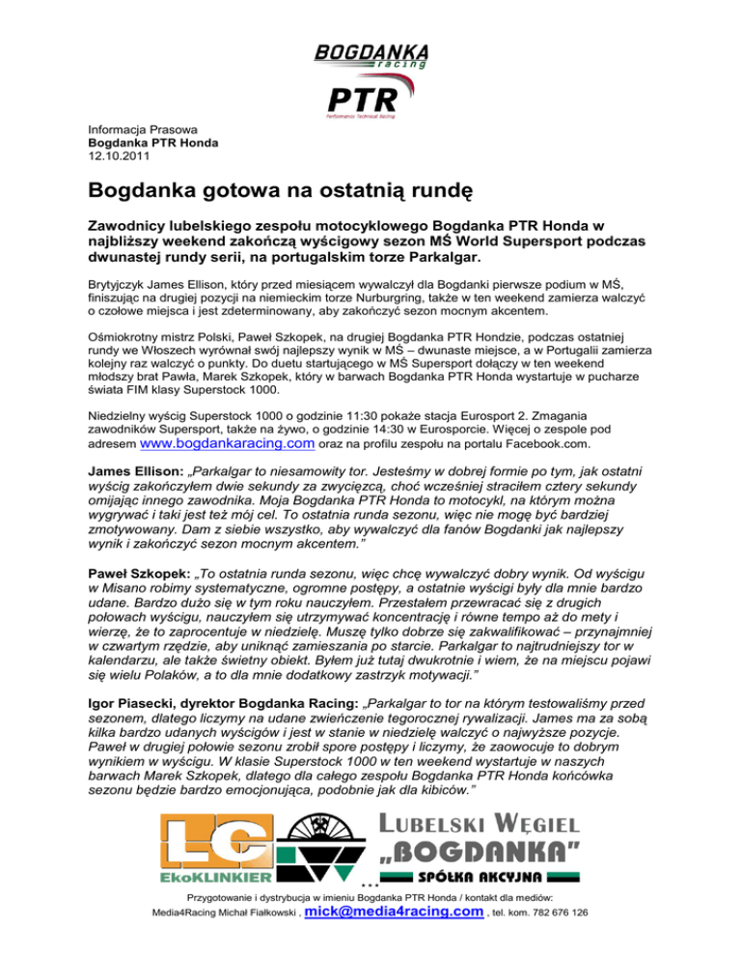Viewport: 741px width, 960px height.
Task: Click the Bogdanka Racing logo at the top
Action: point(371,55)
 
